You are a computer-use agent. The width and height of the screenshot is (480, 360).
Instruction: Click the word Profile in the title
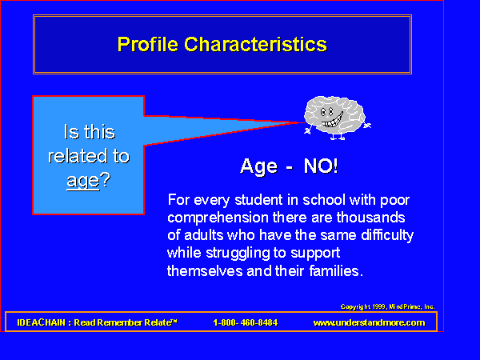point(147,44)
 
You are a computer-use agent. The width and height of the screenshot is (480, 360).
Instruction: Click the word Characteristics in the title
point(256,44)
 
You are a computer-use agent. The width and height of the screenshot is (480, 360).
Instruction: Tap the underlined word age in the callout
point(83,182)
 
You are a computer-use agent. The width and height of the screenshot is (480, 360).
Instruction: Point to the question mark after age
point(105,179)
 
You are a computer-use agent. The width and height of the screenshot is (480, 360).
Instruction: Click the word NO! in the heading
point(321,166)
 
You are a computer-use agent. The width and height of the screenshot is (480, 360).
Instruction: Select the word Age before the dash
point(259,167)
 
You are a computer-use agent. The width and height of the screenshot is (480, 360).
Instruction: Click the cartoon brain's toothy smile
point(333,120)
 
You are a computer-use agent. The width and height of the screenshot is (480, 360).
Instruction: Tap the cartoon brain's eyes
point(326,112)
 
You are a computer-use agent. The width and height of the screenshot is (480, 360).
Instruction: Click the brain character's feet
point(338,137)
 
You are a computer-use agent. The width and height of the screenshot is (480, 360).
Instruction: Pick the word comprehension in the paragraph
point(218,218)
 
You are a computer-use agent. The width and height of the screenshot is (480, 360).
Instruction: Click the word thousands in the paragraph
point(370,218)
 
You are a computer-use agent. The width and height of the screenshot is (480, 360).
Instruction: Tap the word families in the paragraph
point(336,271)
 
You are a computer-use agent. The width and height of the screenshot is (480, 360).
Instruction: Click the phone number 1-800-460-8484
point(246,322)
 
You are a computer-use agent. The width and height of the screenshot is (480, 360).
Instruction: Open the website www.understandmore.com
point(369,322)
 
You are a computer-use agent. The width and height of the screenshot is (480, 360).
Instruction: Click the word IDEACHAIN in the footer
point(42,322)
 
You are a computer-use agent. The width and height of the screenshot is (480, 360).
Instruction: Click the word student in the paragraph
point(258,200)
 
